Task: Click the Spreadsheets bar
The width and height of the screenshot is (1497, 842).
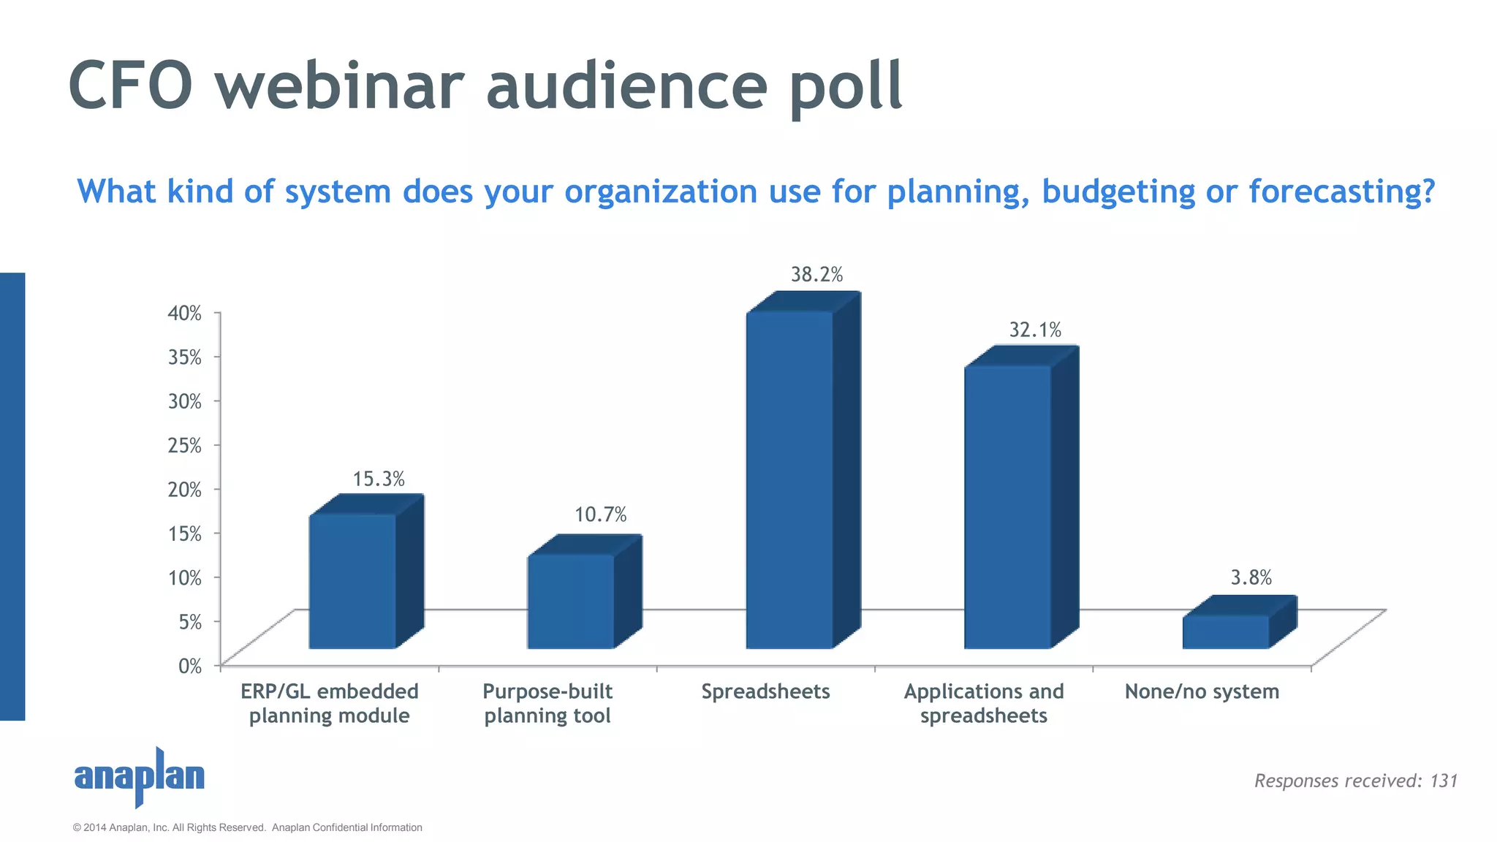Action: click(789, 479)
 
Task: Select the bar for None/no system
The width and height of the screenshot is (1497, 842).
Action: click(1226, 631)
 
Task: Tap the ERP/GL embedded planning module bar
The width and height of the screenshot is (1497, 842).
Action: click(352, 581)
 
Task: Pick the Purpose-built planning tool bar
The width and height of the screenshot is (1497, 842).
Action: click(570, 601)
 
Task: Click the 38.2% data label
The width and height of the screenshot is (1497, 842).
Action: click(816, 275)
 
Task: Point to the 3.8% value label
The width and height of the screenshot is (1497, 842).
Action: click(1251, 578)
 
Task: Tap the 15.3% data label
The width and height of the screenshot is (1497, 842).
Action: click(379, 479)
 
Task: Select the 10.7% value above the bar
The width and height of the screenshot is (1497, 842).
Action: click(600, 515)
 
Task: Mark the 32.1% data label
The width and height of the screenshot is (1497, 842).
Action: click(1035, 330)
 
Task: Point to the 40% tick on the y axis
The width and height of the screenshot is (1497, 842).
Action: click(184, 314)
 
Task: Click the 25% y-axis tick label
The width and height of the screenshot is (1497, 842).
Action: click(184, 445)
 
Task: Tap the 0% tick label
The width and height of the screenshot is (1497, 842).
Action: click(189, 666)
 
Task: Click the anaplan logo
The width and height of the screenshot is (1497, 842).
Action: click(139, 776)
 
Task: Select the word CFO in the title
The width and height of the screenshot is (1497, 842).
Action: click(130, 86)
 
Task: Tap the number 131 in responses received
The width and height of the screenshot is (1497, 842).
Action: click(1444, 781)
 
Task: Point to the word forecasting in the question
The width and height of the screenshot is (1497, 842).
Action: click(1341, 191)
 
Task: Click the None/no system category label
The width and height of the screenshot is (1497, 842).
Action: click(1202, 691)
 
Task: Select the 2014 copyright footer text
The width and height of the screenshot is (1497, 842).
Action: click(247, 827)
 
